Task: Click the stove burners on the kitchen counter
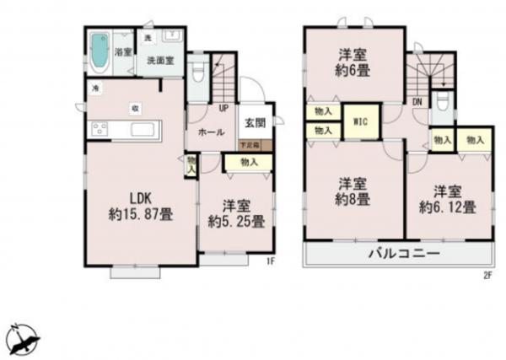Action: click(x=99, y=131)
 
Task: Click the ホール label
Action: click(x=210, y=133)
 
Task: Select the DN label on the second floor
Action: click(x=417, y=102)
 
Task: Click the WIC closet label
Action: click(x=359, y=121)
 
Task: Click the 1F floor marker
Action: click(x=271, y=261)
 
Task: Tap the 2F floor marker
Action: click(x=487, y=275)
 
